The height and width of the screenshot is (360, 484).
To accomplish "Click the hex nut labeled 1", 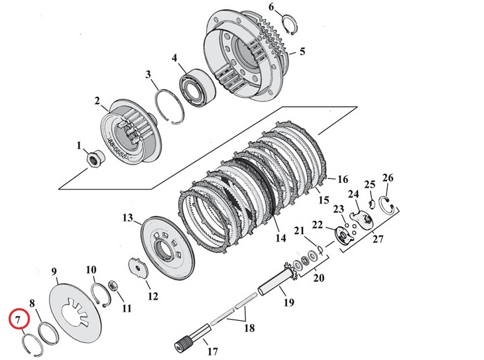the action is coord(95,158).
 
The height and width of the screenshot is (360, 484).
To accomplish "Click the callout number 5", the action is coord(302,51).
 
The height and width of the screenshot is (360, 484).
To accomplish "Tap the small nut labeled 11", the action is coord(113,286).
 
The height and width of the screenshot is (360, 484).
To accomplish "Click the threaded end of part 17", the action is coord(182,343).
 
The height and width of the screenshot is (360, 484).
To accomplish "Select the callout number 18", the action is coord(249,328).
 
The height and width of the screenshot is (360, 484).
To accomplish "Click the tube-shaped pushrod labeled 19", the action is coord(275,280).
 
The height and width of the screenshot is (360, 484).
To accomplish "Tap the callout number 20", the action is coord(318,278).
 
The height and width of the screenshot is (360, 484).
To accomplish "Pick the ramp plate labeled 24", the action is coord(361,218).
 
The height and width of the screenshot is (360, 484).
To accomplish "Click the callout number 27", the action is coord(378,239).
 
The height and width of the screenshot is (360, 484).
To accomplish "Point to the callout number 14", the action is coord(280,238).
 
